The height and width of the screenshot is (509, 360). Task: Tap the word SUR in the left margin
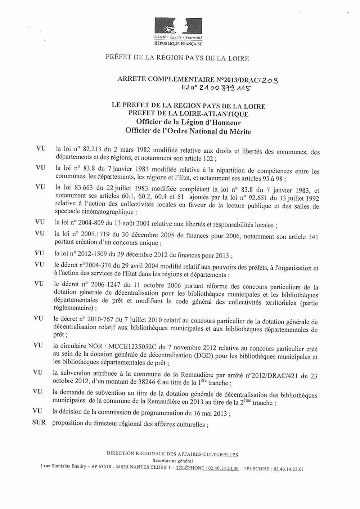[39, 423]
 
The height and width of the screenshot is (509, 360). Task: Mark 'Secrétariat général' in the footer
[172, 460]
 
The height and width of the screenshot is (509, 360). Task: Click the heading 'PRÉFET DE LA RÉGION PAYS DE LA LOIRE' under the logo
[177, 58]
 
